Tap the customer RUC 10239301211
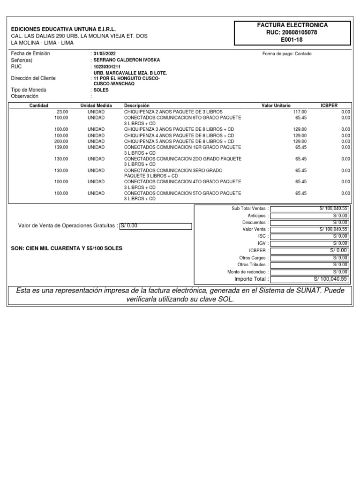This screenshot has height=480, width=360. (107, 67)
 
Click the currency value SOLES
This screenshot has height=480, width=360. (101, 90)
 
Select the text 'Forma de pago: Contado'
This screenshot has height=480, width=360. (287, 54)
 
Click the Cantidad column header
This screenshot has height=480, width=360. (39, 106)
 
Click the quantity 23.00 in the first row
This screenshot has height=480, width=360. (62, 112)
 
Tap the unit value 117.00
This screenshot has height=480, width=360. (300, 112)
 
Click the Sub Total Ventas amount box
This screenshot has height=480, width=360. (309, 208)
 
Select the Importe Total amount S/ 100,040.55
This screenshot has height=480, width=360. (309, 279)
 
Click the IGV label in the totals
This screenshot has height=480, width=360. (263, 243)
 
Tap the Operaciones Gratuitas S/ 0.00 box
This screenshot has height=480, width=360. (156, 226)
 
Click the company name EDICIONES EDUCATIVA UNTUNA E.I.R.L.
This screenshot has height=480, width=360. (63, 29)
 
